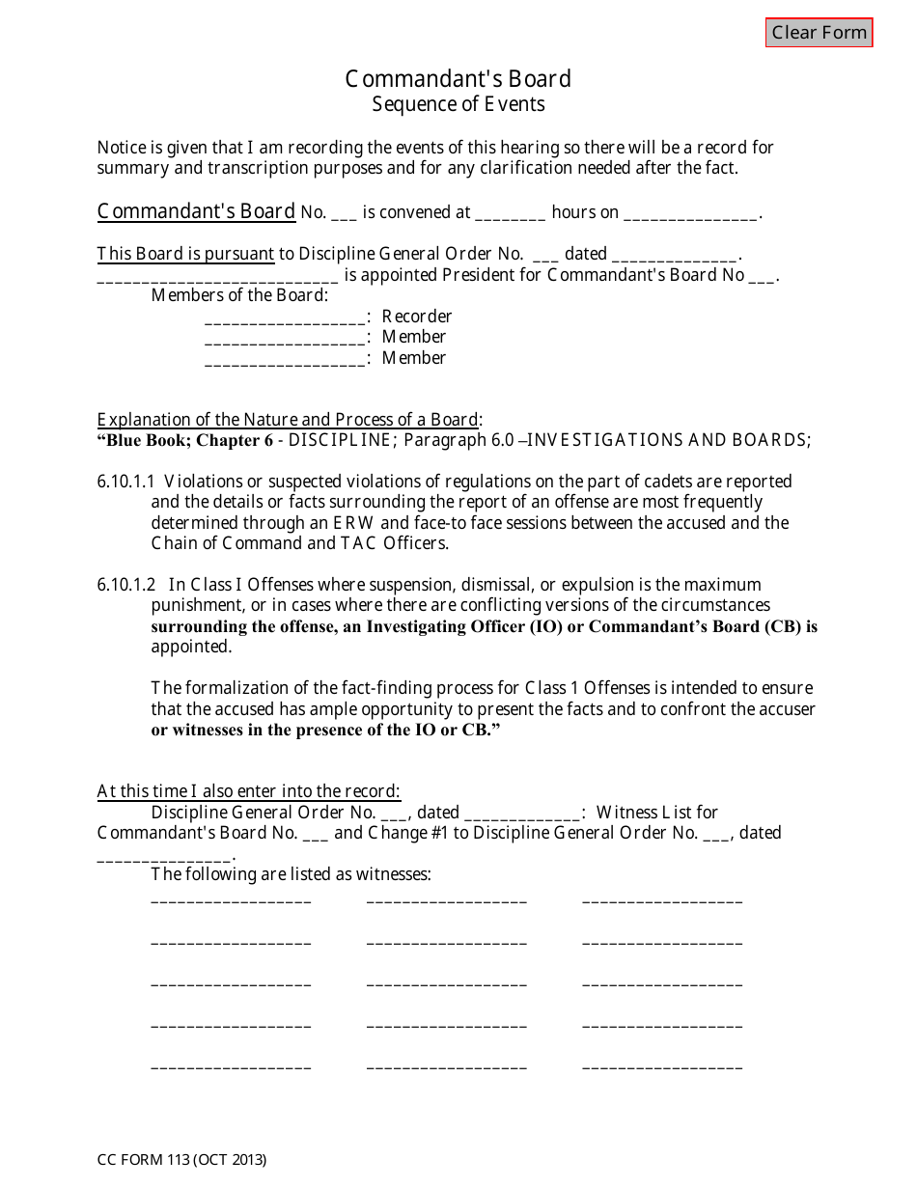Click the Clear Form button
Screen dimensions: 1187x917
819,33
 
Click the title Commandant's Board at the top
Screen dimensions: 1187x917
458,79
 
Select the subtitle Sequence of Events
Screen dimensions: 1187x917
458,104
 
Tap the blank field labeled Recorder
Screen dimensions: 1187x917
285,317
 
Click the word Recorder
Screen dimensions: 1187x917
417,317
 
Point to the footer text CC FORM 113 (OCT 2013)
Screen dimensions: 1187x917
181,1160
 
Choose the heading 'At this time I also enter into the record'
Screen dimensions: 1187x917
248,791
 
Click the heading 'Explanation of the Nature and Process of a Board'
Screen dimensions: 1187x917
288,420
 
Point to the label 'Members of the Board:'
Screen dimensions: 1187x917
239,295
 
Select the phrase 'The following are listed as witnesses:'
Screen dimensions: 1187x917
291,874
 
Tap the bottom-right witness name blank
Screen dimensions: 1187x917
662,1067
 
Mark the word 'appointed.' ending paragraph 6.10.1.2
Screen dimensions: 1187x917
191,647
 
